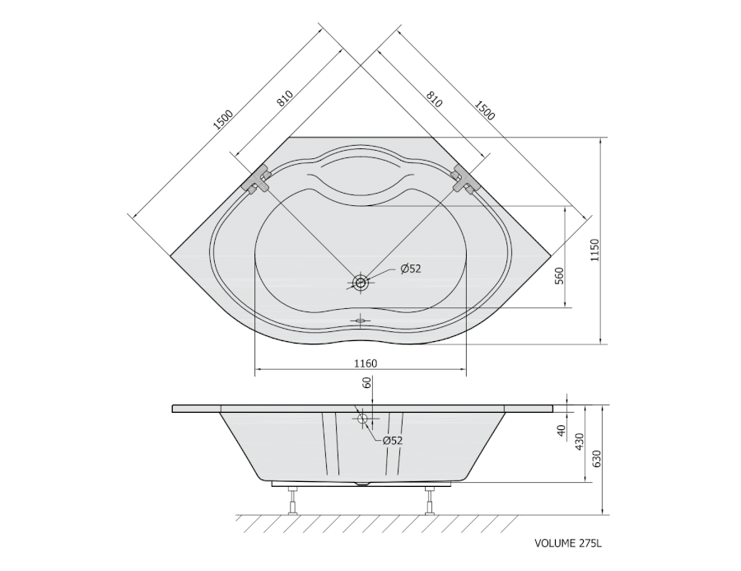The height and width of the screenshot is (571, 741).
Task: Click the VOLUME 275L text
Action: click(568, 543)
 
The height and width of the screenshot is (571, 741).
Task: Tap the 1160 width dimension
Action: click(366, 363)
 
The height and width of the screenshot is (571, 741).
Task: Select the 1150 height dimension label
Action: click(594, 250)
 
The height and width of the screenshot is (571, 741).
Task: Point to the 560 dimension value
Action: click(559, 275)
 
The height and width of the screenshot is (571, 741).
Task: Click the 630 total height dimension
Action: click(596, 459)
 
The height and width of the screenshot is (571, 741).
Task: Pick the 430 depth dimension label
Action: click(580, 441)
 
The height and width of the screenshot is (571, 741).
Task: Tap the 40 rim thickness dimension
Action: click(562, 430)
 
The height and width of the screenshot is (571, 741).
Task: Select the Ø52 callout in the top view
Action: click(410, 269)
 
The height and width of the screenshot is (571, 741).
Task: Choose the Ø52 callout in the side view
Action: click(392, 441)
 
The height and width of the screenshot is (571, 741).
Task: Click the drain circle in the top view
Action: click(361, 283)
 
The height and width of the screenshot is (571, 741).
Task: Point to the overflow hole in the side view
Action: click(363, 419)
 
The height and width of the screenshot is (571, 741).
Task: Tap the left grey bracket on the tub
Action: click(257, 180)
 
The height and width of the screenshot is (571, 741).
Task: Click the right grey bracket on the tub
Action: click(465, 180)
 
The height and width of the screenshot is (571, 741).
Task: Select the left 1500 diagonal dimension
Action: click(223, 119)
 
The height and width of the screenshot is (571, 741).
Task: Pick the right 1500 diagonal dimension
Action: click(484, 110)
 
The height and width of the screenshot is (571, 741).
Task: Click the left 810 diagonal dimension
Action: click(286, 98)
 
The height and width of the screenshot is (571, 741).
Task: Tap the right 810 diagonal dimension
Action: click(434, 98)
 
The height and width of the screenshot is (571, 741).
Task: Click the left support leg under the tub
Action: click(293, 500)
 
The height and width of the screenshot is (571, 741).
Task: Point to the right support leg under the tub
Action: click(429, 500)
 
